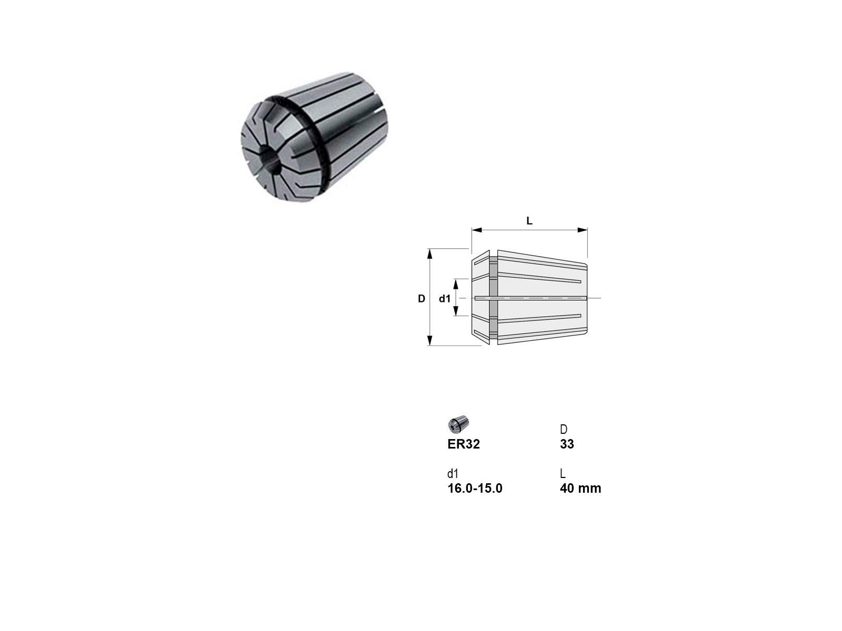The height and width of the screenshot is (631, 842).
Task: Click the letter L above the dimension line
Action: (x=529, y=221)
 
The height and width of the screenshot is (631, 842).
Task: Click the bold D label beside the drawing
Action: (x=422, y=299)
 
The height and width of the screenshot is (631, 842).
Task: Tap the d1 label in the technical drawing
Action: (x=445, y=299)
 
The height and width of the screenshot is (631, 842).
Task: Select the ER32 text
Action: (x=464, y=444)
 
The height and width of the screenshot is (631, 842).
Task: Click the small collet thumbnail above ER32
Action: (x=459, y=424)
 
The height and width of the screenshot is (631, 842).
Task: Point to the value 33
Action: (x=567, y=444)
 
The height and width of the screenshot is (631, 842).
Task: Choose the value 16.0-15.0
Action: (x=475, y=488)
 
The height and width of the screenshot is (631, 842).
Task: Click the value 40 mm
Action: (x=580, y=488)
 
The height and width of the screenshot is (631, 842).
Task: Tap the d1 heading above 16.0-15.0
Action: (x=453, y=474)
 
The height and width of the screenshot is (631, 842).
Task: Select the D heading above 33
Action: (x=564, y=430)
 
